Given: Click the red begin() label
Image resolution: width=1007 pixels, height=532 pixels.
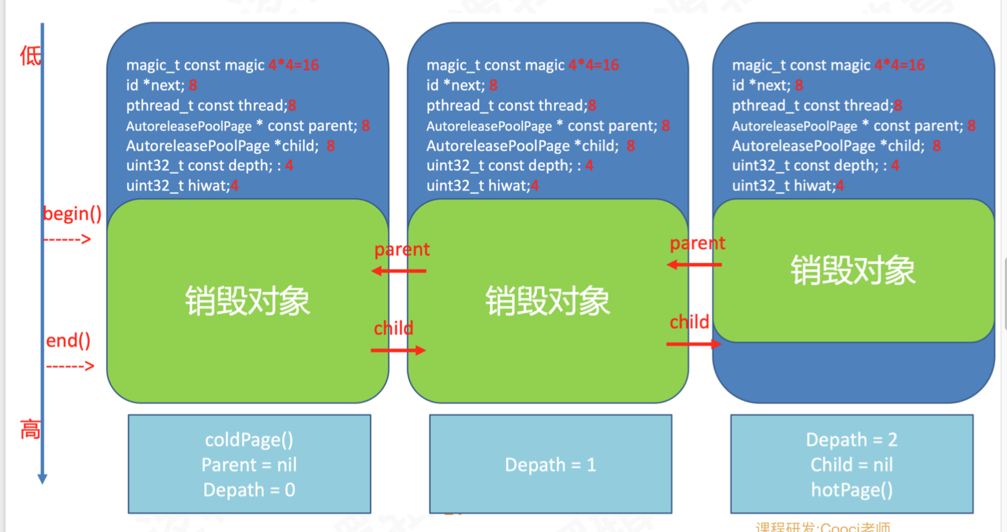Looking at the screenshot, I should tap(72, 214).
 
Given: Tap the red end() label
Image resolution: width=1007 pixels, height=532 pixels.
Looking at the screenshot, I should tap(68, 341).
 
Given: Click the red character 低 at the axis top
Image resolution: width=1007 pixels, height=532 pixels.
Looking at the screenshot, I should tap(30, 56).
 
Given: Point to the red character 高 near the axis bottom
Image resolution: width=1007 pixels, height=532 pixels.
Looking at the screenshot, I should tap(30, 430).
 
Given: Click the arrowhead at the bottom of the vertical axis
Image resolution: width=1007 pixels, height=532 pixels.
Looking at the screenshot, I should tap(42, 478).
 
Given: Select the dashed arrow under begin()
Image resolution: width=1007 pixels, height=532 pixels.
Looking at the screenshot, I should tap(67, 239).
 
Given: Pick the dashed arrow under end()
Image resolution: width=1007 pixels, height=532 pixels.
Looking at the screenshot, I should tap(70, 366).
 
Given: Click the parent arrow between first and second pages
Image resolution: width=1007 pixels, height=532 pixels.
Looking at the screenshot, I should tap(399, 270).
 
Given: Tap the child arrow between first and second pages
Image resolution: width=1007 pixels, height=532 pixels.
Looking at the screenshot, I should tap(398, 351).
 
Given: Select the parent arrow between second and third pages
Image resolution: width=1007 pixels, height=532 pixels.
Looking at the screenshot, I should tap(694, 264).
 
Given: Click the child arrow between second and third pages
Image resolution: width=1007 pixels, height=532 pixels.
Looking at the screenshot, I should tap(694, 344).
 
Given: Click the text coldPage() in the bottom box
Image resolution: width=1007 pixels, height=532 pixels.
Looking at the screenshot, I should tap(249, 439).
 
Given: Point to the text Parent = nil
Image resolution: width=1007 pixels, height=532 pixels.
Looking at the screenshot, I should tap(249, 465).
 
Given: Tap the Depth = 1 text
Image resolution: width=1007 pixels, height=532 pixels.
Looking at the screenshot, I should tap(550, 465).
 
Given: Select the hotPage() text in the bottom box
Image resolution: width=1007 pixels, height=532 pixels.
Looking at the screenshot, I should tap(851, 490).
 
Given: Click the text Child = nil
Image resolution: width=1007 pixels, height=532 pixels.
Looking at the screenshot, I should tap(851, 465).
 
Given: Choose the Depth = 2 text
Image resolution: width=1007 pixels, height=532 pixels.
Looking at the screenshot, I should tap(851, 439).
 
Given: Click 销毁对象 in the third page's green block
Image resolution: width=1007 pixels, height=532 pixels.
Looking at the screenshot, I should tap(853, 270).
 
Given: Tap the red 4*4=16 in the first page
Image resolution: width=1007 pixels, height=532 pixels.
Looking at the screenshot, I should tap(293, 65).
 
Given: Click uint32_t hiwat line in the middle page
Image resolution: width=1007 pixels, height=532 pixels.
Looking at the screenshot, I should tap(482, 186).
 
